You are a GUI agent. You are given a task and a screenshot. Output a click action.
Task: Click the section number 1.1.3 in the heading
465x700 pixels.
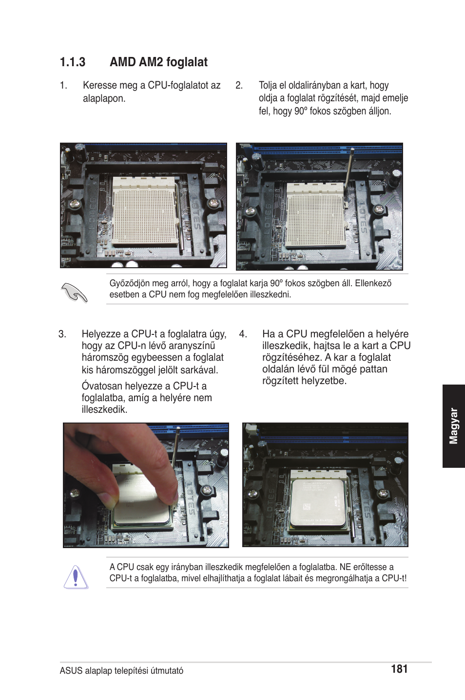tap(73, 62)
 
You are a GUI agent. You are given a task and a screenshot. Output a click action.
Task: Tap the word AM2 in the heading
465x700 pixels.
tap(151, 62)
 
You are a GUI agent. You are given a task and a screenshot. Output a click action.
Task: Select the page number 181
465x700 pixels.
tap(399, 668)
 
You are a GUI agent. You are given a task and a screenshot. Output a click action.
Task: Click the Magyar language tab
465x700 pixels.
tap(453, 426)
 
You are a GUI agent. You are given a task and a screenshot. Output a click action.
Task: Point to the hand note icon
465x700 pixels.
tap(74, 292)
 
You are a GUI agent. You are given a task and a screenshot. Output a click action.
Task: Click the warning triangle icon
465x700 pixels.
tap(76, 577)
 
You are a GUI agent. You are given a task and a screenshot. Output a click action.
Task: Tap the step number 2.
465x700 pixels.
tap(239, 85)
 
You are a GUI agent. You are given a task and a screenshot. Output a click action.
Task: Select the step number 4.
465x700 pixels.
tap(243, 334)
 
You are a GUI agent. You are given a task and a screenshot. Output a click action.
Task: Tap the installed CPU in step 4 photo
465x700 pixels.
tap(318, 503)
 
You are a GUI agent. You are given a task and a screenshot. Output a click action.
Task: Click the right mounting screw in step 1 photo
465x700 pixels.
tap(213, 203)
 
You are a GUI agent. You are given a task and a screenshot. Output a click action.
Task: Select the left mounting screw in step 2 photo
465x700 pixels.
tap(250, 211)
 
